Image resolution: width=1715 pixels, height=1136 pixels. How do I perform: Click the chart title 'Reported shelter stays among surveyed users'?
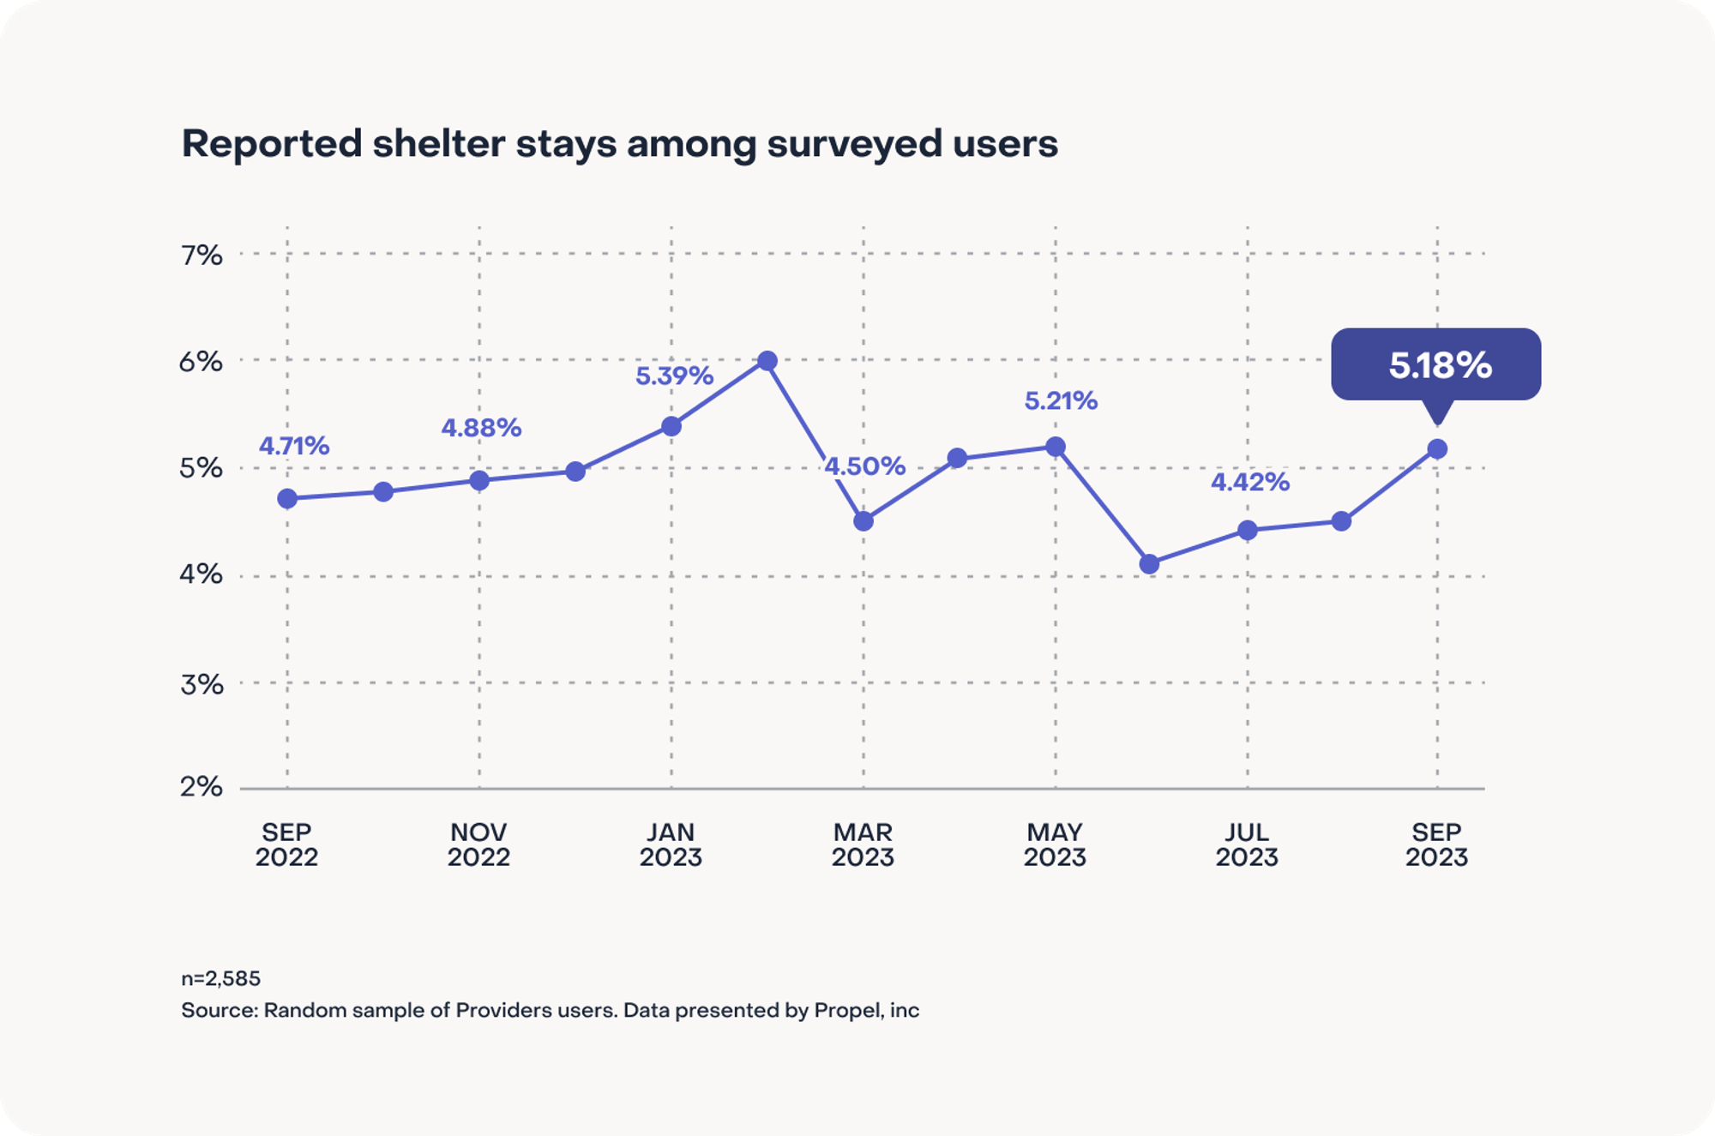(619, 143)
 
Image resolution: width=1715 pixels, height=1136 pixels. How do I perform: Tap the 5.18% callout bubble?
(1435, 364)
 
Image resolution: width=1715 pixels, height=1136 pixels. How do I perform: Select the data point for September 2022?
(287, 498)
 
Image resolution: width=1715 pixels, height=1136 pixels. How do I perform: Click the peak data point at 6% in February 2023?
(767, 361)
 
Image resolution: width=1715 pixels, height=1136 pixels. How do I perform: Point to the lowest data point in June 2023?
(1150, 563)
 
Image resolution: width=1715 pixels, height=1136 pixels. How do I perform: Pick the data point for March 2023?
(864, 520)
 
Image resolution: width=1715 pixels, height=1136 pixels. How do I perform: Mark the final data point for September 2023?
(1437, 448)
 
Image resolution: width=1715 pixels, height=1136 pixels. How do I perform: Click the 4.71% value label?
(294, 446)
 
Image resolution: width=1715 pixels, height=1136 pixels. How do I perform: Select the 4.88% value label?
(481, 428)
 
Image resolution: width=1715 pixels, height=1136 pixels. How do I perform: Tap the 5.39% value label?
(674, 376)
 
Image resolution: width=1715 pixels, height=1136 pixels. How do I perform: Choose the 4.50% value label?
(864, 466)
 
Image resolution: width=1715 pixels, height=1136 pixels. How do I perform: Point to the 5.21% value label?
(1061, 400)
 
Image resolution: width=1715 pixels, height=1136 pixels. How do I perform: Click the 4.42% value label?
(1249, 482)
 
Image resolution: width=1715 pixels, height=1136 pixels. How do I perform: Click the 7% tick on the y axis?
(202, 255)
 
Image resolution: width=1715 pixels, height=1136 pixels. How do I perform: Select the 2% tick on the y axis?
(202, 786)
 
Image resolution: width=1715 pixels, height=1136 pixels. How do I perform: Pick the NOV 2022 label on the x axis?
(478, 844)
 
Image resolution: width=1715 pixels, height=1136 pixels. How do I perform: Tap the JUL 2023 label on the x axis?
(1247, 844)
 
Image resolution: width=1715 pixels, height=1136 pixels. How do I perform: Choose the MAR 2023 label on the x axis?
(863, 844)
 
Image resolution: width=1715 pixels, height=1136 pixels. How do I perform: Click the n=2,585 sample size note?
(220, 978)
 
